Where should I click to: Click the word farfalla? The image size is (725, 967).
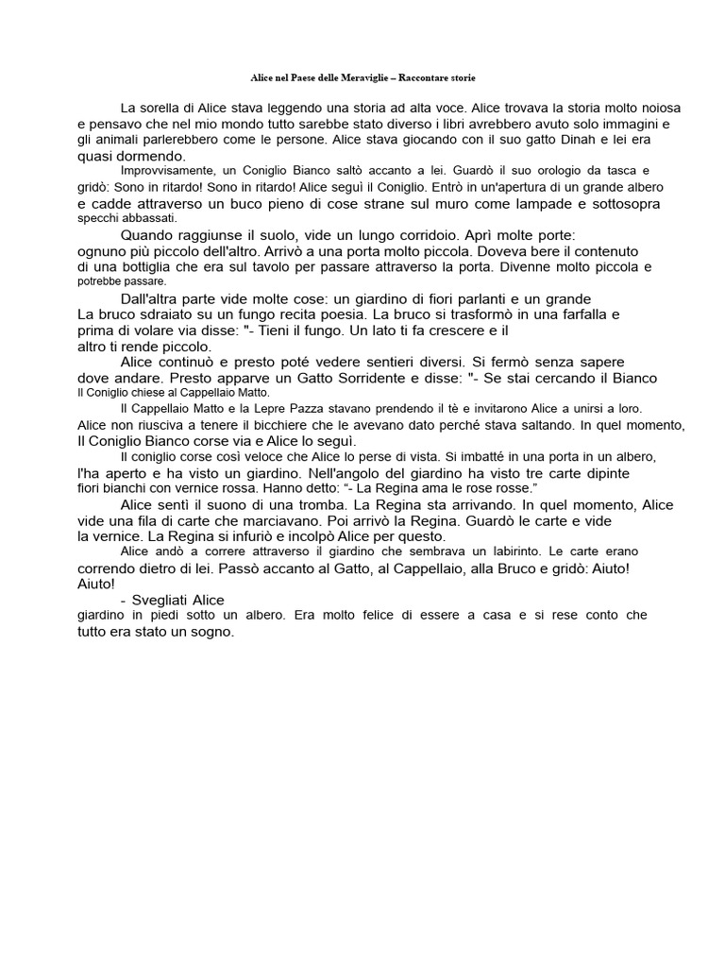[582, 314]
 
